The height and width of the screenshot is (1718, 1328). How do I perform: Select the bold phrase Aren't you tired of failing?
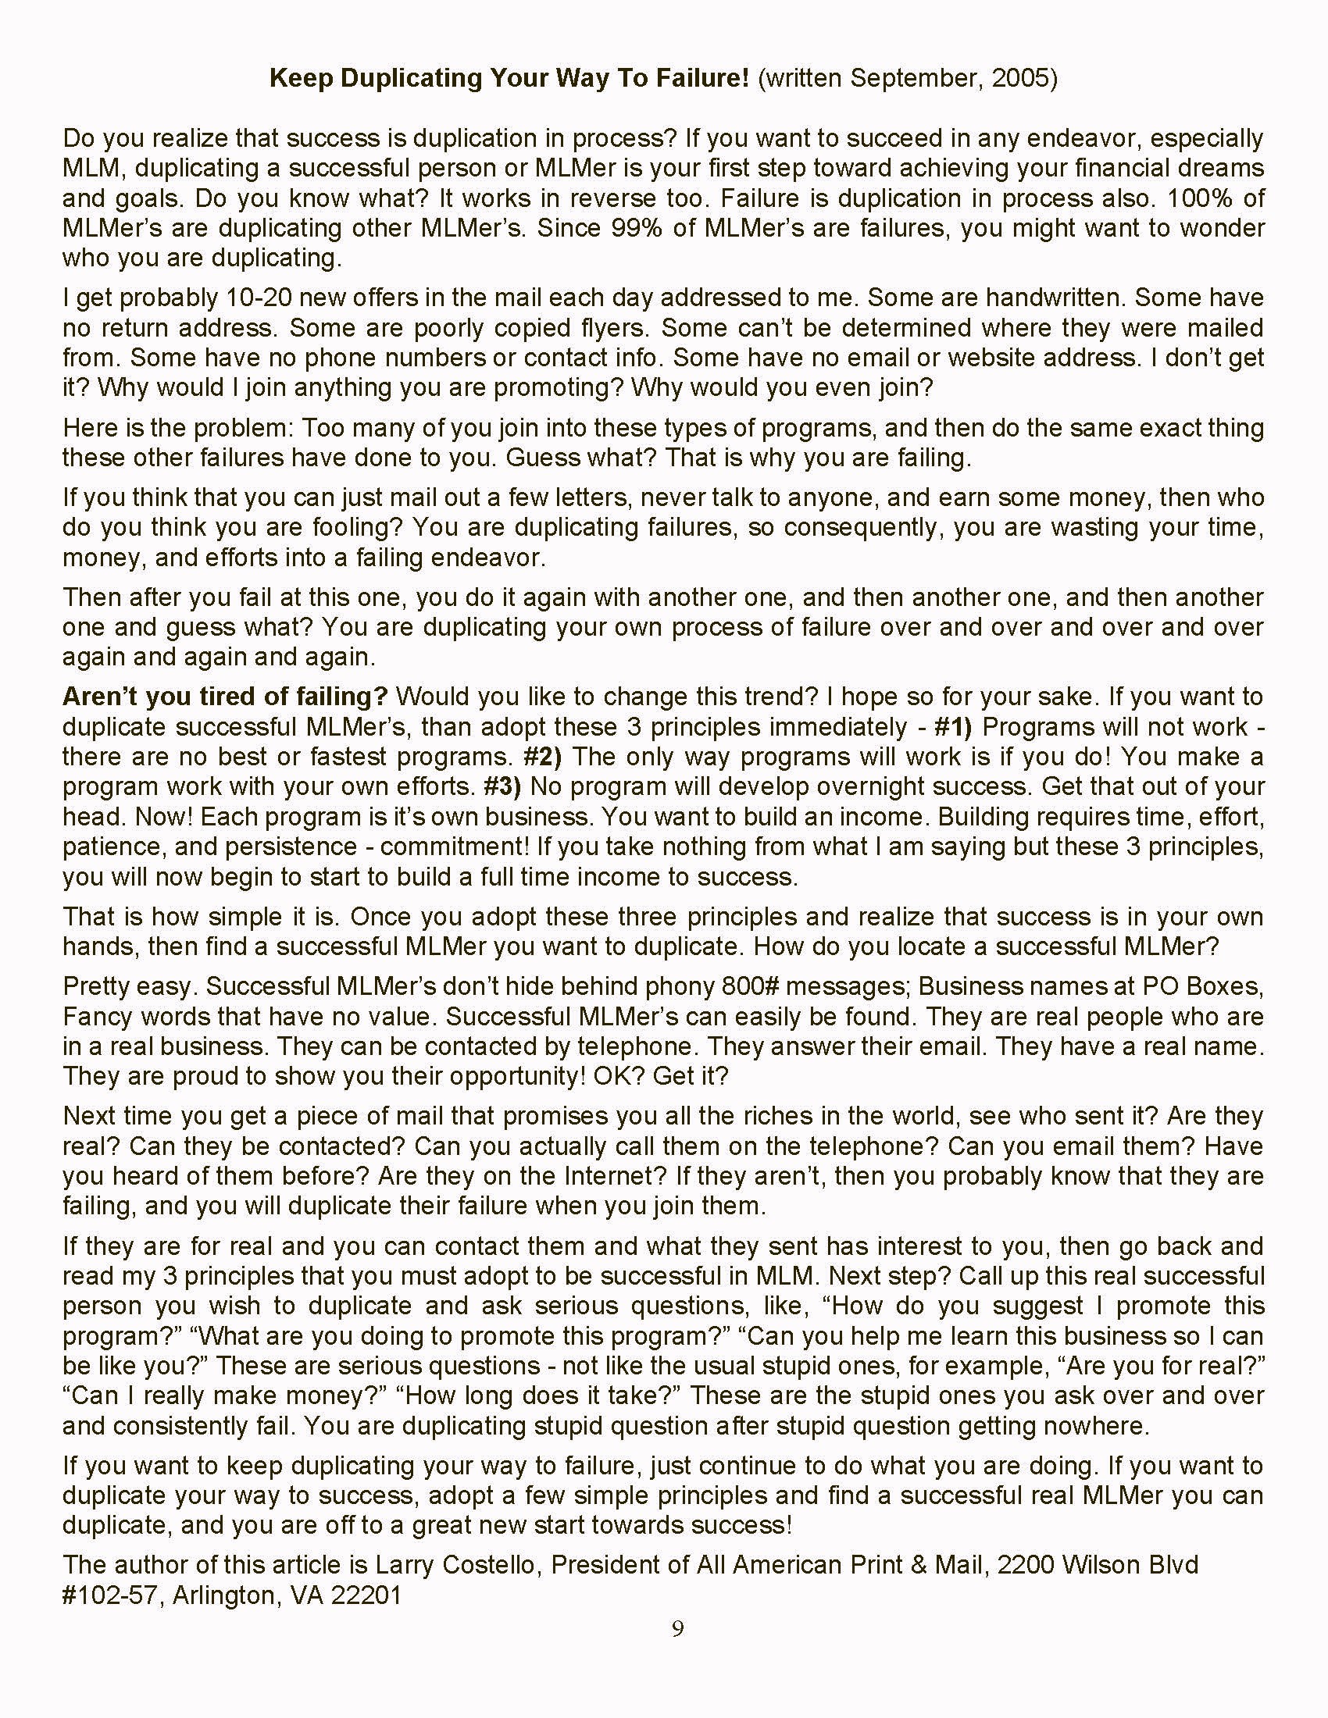[225, 696]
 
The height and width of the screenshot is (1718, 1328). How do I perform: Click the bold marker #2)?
[543, 756]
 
